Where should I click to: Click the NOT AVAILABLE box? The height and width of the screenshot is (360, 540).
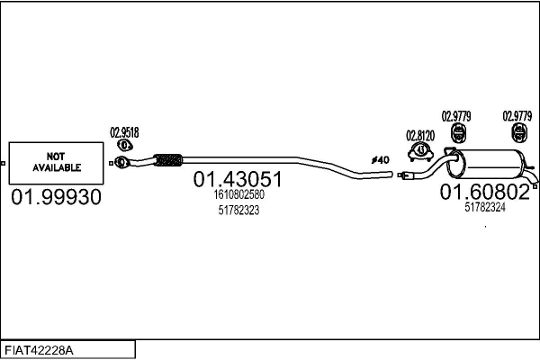pyautogui.click(x=57, y=163)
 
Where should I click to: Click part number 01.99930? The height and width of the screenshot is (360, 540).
pyautogui.click(x=57, y=196)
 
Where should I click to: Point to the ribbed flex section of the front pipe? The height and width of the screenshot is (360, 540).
pyautogui.click(x=167, y=161)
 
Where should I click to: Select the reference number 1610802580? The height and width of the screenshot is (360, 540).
pyautogui.click(x=240, y=194)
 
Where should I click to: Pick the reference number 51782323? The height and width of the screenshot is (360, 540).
pyautogui.click(x=238, y=210)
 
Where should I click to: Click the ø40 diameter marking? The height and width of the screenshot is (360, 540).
pyautogui.click(x=381, y=159)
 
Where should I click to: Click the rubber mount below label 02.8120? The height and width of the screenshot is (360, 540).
pyautogui.click(x=420, y=150)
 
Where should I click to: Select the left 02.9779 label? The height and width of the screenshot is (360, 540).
pyautogui.click(x=455, y=115)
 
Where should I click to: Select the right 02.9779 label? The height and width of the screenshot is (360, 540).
pyautogui.click(x=517, y=115)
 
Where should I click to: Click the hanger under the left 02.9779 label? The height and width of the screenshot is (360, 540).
pyautogui.click(x=455, y=135)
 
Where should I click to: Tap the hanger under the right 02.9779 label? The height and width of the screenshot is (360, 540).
pyautogui.click(x=518, y=135)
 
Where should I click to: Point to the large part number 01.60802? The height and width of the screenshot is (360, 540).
pyautogui.click(x=484, y=192)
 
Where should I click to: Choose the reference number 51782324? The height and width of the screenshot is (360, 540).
pyautogui.click(x=485, y=207)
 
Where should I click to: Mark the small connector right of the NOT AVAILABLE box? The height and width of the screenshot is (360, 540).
pyautogui.click(x=110, y=164)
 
